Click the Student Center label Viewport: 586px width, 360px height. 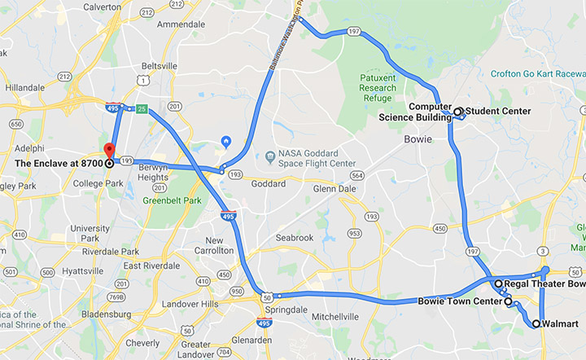click(498, 112)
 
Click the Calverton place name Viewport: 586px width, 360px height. click(103, 7)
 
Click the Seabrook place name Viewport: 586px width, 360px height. click(293, 238)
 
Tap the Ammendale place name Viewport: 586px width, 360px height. click(181, 24)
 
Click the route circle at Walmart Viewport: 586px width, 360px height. click(536, 324)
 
